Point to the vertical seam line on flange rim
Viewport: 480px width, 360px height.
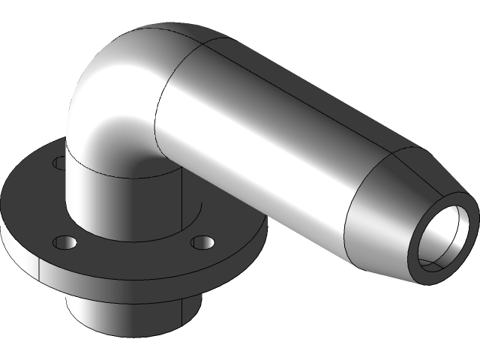[x=38, y=264]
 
